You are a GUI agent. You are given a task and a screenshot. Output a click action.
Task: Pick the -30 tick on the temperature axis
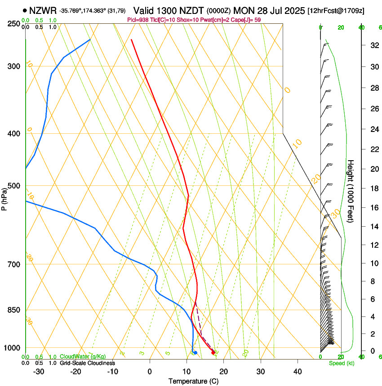[39, 372]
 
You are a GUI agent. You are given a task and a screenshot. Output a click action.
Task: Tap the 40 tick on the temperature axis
[297, 372]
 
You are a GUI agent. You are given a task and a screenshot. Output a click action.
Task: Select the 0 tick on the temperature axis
[150, 372]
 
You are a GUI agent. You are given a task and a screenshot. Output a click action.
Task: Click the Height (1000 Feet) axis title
[351, 191]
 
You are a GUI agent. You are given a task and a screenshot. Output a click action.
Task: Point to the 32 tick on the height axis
[373, 45]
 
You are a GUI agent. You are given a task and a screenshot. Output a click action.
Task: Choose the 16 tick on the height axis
[373, 207]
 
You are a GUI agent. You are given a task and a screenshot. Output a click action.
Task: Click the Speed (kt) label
[342, 363]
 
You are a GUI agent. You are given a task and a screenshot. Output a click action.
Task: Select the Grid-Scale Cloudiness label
[88, 363]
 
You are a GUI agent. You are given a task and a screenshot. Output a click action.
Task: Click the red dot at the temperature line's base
[213, 352]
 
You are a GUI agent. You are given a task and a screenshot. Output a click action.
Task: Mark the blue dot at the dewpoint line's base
[195, 352]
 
